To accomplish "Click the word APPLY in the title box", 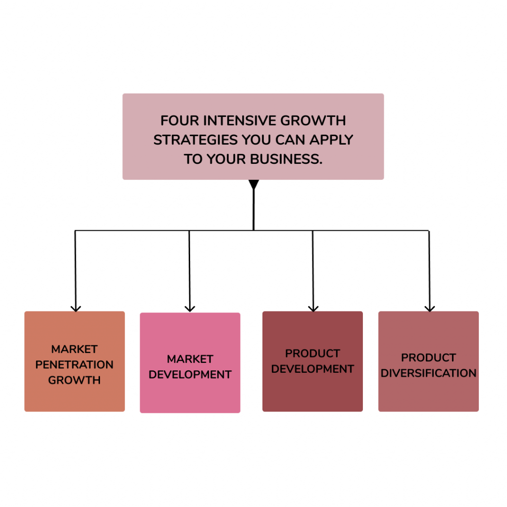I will coord(331,140).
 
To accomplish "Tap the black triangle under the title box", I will coord(253,184).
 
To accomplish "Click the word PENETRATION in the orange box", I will coord(74,365).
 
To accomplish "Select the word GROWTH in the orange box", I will coord(74,380).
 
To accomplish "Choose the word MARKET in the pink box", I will coord(190,359).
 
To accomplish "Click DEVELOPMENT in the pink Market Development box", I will coord(190,375).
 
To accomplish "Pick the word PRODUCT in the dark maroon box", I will coord(312,354).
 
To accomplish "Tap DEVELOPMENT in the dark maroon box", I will coord(312,369).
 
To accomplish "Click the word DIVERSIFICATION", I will coord(428,373).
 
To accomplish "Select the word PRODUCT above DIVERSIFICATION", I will coord(428,357).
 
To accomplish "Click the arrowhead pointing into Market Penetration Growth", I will coord(75,308).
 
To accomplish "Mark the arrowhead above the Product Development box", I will coord(313,308).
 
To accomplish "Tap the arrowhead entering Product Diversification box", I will coord(429,308).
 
